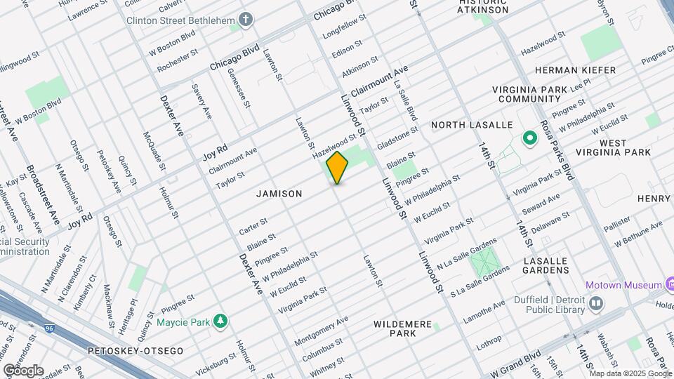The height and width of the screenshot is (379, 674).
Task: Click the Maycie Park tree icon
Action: (221, 321)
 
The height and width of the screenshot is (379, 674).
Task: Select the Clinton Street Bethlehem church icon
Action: (245, 20)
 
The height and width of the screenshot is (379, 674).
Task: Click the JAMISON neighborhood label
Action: (279, 194)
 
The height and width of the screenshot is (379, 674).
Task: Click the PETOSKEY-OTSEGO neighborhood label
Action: (136, 350)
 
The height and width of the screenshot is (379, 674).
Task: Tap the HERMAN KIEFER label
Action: (575, 70)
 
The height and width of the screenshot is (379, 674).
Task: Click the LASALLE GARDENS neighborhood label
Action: (546, 266)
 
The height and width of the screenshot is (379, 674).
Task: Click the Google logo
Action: (22, 370)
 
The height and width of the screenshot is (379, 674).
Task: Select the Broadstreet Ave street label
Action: (43, 195)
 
